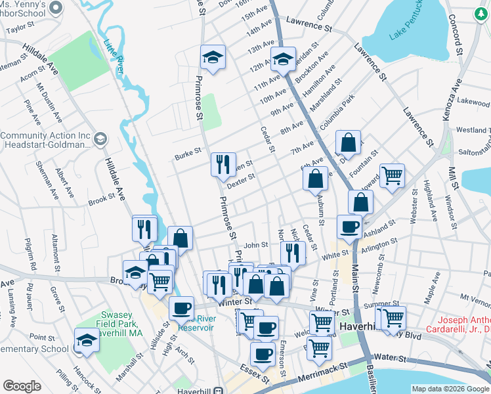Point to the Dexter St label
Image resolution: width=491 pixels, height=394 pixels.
pyautogui.click(x=241, y=181)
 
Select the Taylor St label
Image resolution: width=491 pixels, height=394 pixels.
pyautogui.click(x=20, y=28)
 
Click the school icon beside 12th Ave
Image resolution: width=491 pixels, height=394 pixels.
pyautogui.click(x=283, y=60)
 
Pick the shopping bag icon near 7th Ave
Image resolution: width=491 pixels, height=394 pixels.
pyautogui.click(x=348, y=142)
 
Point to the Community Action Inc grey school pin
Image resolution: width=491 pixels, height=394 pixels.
pyautogui.click(x=100, y=139)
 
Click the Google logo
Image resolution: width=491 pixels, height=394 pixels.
pyautogui.click(x=22, y=386)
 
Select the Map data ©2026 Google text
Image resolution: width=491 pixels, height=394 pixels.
pyautogui.click(x=450, y=389)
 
